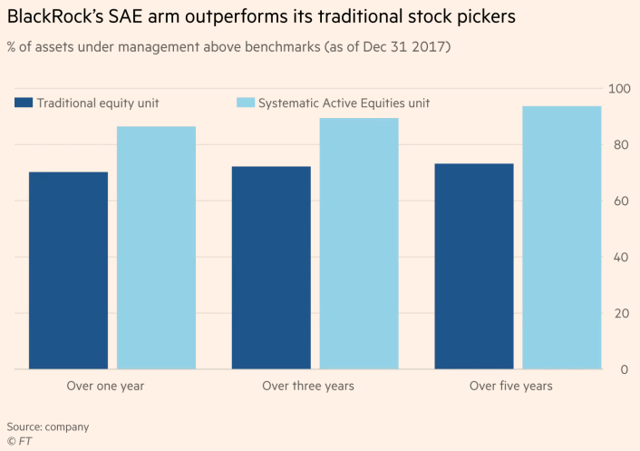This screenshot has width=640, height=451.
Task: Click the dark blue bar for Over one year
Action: pyautogui.click(x=68, y=270)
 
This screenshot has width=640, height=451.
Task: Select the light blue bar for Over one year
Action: pyautogui.click(x=156, y=248)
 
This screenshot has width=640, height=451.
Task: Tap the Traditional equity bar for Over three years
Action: pyautogui.click(x=271, y=268)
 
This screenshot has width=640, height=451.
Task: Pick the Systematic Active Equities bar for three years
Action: pyautogui.click(x=359, y=243)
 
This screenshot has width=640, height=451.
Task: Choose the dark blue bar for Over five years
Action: pyautogui.click(x=474, y=266)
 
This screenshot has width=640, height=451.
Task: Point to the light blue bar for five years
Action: pyautogui.click(x=562, y=238)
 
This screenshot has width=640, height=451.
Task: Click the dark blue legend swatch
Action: pyautogui.click(x=24, y=103)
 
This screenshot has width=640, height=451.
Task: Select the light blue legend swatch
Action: pyautogui.click(x=245, y=103)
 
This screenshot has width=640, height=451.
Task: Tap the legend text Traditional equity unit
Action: pyautogui.click(x=98, y=103)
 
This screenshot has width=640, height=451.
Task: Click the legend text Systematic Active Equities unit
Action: pyautogui.click(x=344, y=103)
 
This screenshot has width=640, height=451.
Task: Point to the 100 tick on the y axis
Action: pyautogui.click(x=618, y=89)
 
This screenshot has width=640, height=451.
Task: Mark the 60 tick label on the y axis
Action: pyautogui.click(x=621, y=201)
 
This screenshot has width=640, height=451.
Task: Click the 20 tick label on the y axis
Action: pyautogui.click(x=621, y=314)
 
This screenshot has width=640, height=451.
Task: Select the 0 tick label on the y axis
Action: pyautogui.click(x=625, y=370)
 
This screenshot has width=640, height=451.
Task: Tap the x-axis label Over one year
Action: pyautogui.click(x=105, y=387)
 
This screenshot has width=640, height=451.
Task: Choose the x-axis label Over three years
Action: pyautogui.click(x=308, y=387)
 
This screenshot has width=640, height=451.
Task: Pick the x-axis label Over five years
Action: pyautogui.click(x=510, y=387)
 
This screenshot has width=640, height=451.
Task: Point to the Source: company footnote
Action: pyautogui.click(x=48, y=426)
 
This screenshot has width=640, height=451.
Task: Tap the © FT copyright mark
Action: pyautogui.click(x=18, y=441)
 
